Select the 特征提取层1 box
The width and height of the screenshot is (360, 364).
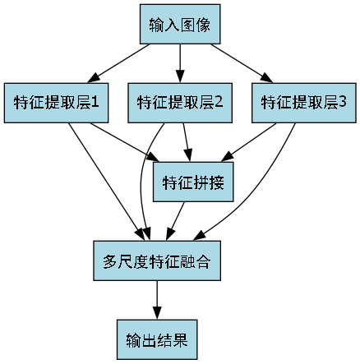[x=57, y=103]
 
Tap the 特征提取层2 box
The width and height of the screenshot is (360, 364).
[x=180, y=103]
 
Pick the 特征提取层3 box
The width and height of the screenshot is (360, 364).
[x=303, y=103]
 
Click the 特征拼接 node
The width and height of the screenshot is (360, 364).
[x=195, y=181]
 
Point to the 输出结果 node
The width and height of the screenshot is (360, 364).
[x=156, y=338]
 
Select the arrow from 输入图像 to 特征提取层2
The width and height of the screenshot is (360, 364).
[x=180, y=63]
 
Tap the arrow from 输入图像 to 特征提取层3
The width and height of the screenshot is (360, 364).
[x=242, y=64]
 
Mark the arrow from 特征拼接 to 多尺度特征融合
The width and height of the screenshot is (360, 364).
[x=176, y=220]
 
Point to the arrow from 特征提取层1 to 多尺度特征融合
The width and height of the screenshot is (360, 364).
[x=103, y=177]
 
